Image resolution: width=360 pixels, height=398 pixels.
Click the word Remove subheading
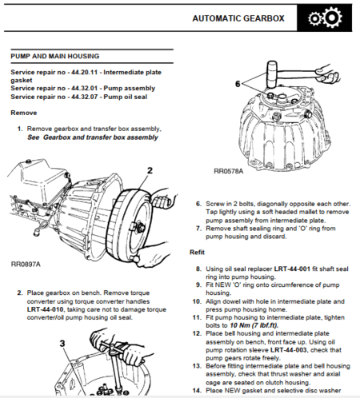coord(23,113)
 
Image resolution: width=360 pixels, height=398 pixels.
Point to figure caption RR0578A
coord(230,171)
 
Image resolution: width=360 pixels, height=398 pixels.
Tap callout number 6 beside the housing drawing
coord(238,82)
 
